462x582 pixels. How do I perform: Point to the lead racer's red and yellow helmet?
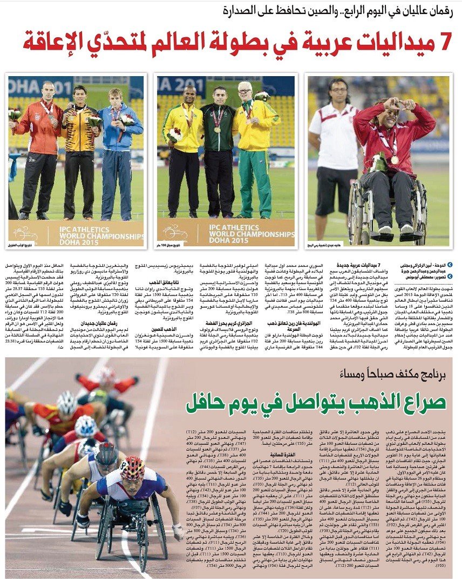[x=132, y=468]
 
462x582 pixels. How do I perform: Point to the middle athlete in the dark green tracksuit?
[x=218, y=151]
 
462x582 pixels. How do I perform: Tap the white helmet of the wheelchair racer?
[x=85, y=425]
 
